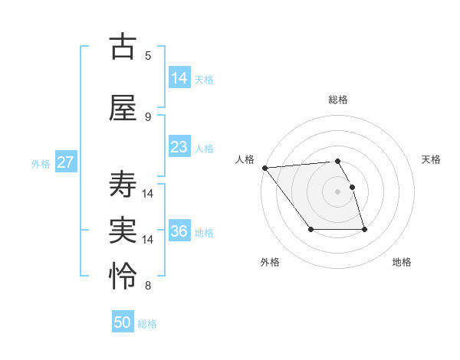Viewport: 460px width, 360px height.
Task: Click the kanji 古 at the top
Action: [123, 47]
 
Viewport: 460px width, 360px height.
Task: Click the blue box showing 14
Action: [179, 78]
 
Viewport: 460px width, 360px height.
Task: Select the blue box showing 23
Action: [179, 147]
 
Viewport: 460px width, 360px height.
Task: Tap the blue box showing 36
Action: [179, 231]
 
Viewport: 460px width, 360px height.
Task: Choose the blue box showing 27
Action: [65, 162]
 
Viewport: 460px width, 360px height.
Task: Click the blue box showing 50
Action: [123, 322]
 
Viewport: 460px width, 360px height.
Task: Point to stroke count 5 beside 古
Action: [148, 56]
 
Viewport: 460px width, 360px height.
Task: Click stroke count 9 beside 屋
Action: [148, 117]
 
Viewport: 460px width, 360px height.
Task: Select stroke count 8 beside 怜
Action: [148, 286]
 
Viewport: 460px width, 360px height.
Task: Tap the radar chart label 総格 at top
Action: [338, 100]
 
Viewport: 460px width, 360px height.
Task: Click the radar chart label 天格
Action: [432, 159]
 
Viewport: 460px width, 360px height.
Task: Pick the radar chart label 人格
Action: [245, 159]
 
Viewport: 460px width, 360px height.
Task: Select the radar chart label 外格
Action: [270, 262]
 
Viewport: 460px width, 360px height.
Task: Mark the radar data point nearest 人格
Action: [264, 168]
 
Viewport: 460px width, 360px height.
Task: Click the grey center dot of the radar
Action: [338, 191]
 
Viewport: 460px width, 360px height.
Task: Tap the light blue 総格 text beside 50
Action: [147, 324]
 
